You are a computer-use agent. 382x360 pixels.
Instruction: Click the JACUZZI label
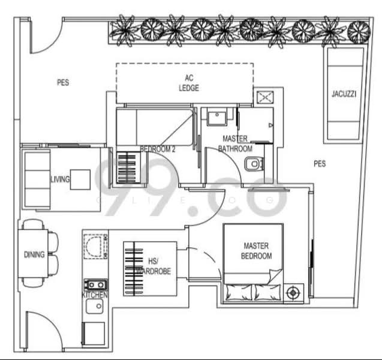coord(344,94)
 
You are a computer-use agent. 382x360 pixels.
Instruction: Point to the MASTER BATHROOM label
coord(235,143)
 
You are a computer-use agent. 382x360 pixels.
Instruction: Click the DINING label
coord(34,255)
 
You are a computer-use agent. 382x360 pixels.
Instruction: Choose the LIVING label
coord(60,179)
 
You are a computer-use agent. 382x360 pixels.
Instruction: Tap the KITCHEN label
coord(95,296)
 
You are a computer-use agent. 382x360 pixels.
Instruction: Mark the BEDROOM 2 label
coord(157,149)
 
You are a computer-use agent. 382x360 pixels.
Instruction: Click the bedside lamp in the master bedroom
coord(293,293)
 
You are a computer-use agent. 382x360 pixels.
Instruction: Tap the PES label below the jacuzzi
coord(320,163)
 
